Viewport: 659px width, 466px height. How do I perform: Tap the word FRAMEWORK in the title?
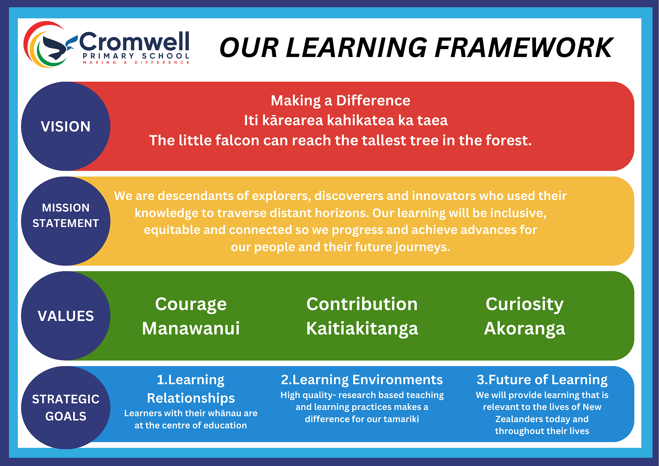coord(524,48)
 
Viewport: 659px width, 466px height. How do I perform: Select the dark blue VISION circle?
coord(66,126)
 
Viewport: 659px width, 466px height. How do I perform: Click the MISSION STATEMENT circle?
coord(66,221)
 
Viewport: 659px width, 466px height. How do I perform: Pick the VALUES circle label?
coord(66,316)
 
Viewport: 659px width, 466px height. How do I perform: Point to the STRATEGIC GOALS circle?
coord(66,408)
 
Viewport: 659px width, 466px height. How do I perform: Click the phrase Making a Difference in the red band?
coord(340,101)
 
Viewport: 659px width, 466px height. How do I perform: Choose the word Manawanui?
coord(191,329)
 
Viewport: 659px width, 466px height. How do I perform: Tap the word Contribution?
coord(362,304)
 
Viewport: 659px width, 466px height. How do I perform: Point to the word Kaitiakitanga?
coord(362,329)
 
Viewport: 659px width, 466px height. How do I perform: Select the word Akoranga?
coord(525,329)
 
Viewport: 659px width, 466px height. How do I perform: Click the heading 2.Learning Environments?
coord(362,380)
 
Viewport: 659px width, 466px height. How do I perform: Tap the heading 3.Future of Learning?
coord(542,380)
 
